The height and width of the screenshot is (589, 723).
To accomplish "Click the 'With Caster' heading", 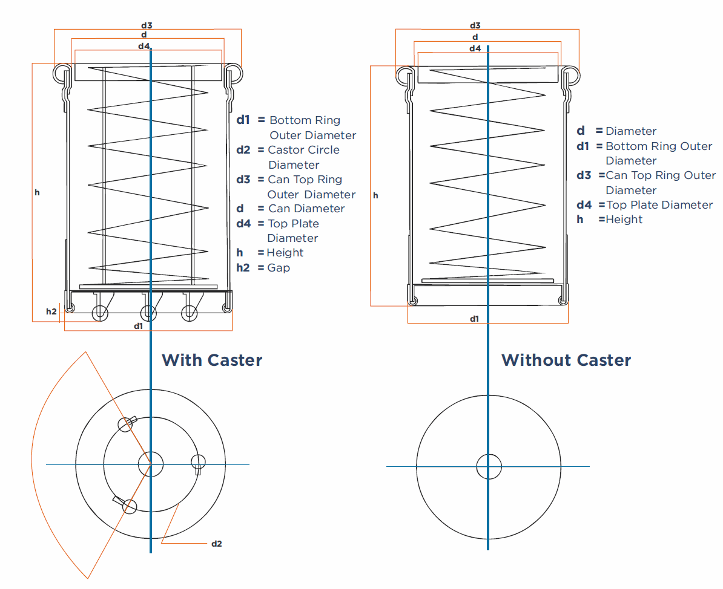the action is click(212, 360).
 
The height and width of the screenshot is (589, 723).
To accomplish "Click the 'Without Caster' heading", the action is click(566, 360).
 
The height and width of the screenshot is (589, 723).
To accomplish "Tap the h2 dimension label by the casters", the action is click(51, 312).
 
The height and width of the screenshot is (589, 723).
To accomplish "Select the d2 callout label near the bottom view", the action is click(217, 544).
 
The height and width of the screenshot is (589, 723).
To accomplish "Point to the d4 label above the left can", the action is click(144, 46).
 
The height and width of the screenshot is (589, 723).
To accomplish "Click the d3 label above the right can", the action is click(475, 26).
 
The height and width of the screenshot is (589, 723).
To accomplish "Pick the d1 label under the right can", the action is click(474, 319).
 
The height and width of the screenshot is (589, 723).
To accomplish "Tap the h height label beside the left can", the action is click(38, 192).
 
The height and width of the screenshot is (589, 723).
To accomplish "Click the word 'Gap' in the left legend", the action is click(279, 268).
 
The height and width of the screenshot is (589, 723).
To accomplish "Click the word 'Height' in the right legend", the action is click(624, 220).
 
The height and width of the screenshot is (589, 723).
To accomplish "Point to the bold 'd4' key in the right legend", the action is click(584, 205).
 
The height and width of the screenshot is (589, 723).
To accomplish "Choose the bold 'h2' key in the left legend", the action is click(243, 268).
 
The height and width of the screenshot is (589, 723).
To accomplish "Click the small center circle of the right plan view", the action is click(489, 466).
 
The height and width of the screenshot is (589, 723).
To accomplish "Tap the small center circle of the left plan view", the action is click(151, 464).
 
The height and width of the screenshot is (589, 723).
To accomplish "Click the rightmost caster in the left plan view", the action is click(198, 463).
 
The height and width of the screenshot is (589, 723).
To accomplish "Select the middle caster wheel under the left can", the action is click(148, 314).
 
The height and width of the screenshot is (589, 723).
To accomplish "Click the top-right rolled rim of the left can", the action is click(233, 74).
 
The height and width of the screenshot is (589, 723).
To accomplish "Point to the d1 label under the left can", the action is click(138, 327).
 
